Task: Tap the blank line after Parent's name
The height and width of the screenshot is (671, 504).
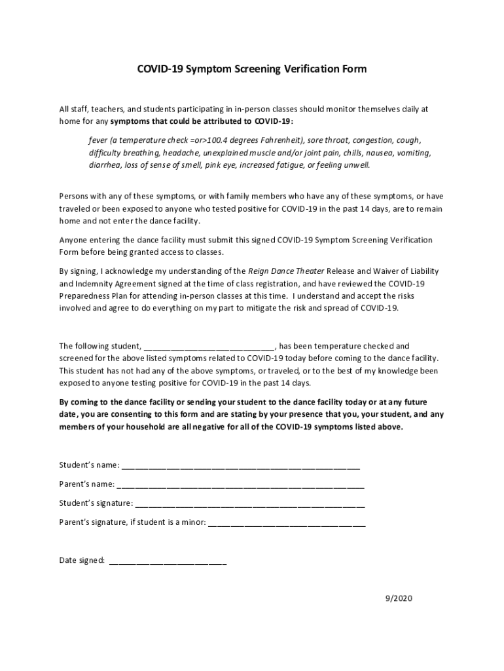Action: tap(240, 486)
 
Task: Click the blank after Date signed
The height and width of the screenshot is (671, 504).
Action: tap(168, 561)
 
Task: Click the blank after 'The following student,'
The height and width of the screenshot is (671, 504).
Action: tap(209, 346)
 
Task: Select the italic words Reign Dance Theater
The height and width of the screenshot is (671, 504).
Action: tap(286, 271)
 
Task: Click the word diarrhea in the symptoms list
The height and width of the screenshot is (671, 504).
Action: tap(105, 164)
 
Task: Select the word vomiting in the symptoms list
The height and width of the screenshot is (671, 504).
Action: tap(414, 153)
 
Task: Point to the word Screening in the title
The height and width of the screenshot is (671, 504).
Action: tap(251, 68)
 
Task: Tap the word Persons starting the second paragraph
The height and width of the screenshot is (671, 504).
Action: tap(75, 196)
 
